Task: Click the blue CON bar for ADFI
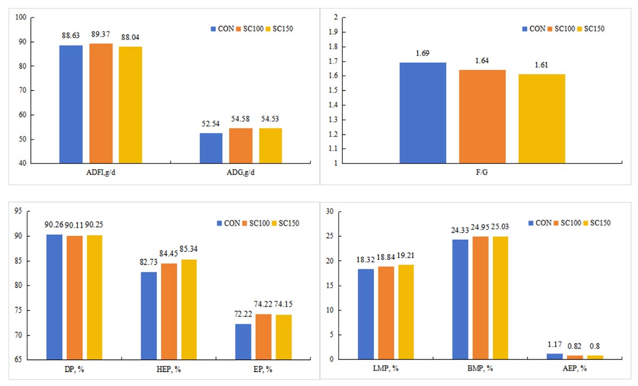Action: pos(71,104)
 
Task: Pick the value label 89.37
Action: pos(100,36)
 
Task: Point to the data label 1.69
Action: pos(423,54)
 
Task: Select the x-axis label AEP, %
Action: pos(577,369)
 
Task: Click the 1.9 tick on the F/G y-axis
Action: pos(331,32)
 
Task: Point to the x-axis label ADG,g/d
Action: pos(241,173)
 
